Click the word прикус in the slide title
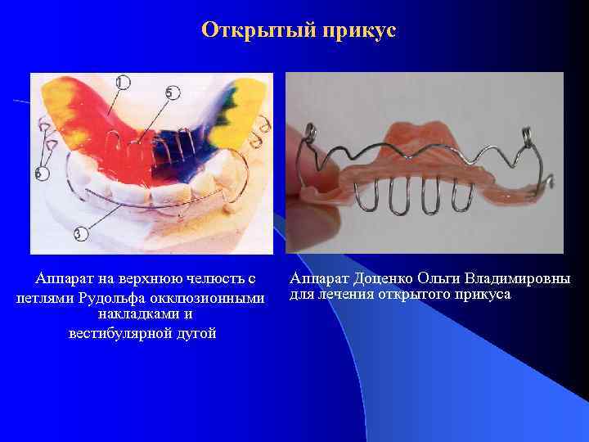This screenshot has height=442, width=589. (357, 31)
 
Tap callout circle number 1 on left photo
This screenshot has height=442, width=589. (123, 82)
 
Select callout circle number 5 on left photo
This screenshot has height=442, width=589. (170, 92)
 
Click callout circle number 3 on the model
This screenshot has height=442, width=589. (79, 235)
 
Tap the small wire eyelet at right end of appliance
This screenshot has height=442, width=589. (552, 178)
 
